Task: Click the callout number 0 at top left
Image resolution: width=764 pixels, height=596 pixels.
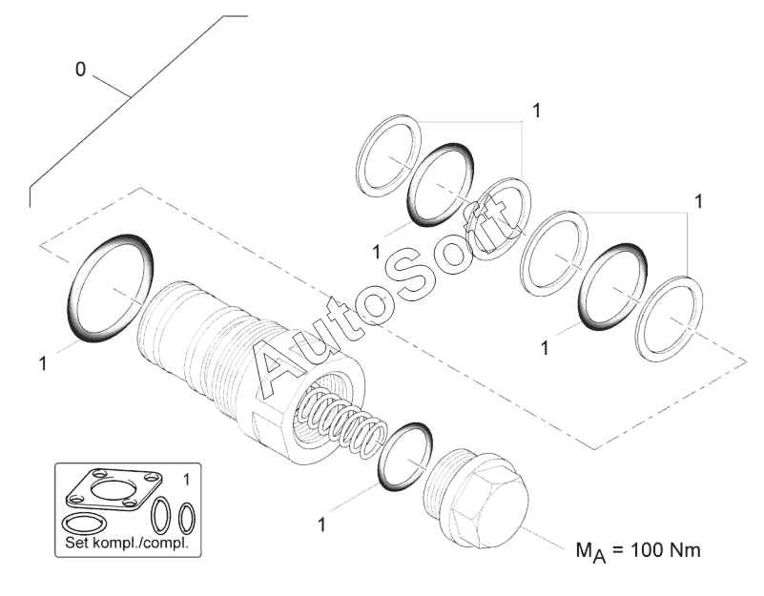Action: (82, 70)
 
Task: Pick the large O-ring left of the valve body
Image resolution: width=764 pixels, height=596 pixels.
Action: (111, 287)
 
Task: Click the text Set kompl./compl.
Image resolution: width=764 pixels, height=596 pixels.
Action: (125, 544)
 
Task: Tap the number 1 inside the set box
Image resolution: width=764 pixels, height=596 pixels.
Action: (186, 476)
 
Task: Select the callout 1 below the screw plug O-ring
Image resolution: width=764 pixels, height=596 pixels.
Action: (321, 524)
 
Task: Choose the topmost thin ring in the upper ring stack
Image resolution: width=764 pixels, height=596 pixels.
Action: (388, 155)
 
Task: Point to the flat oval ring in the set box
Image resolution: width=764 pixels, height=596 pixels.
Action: (87, 524)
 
